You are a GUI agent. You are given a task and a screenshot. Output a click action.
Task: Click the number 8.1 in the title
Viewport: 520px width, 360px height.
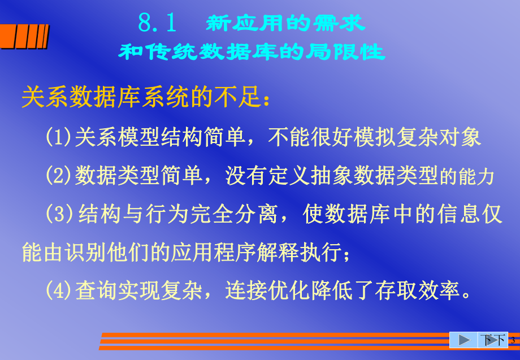tap(158, 23)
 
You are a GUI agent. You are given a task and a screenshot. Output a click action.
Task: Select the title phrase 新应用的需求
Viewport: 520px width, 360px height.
tap(285, 23)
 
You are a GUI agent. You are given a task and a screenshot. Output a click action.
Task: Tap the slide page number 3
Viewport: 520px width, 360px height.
tap(512, 340)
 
